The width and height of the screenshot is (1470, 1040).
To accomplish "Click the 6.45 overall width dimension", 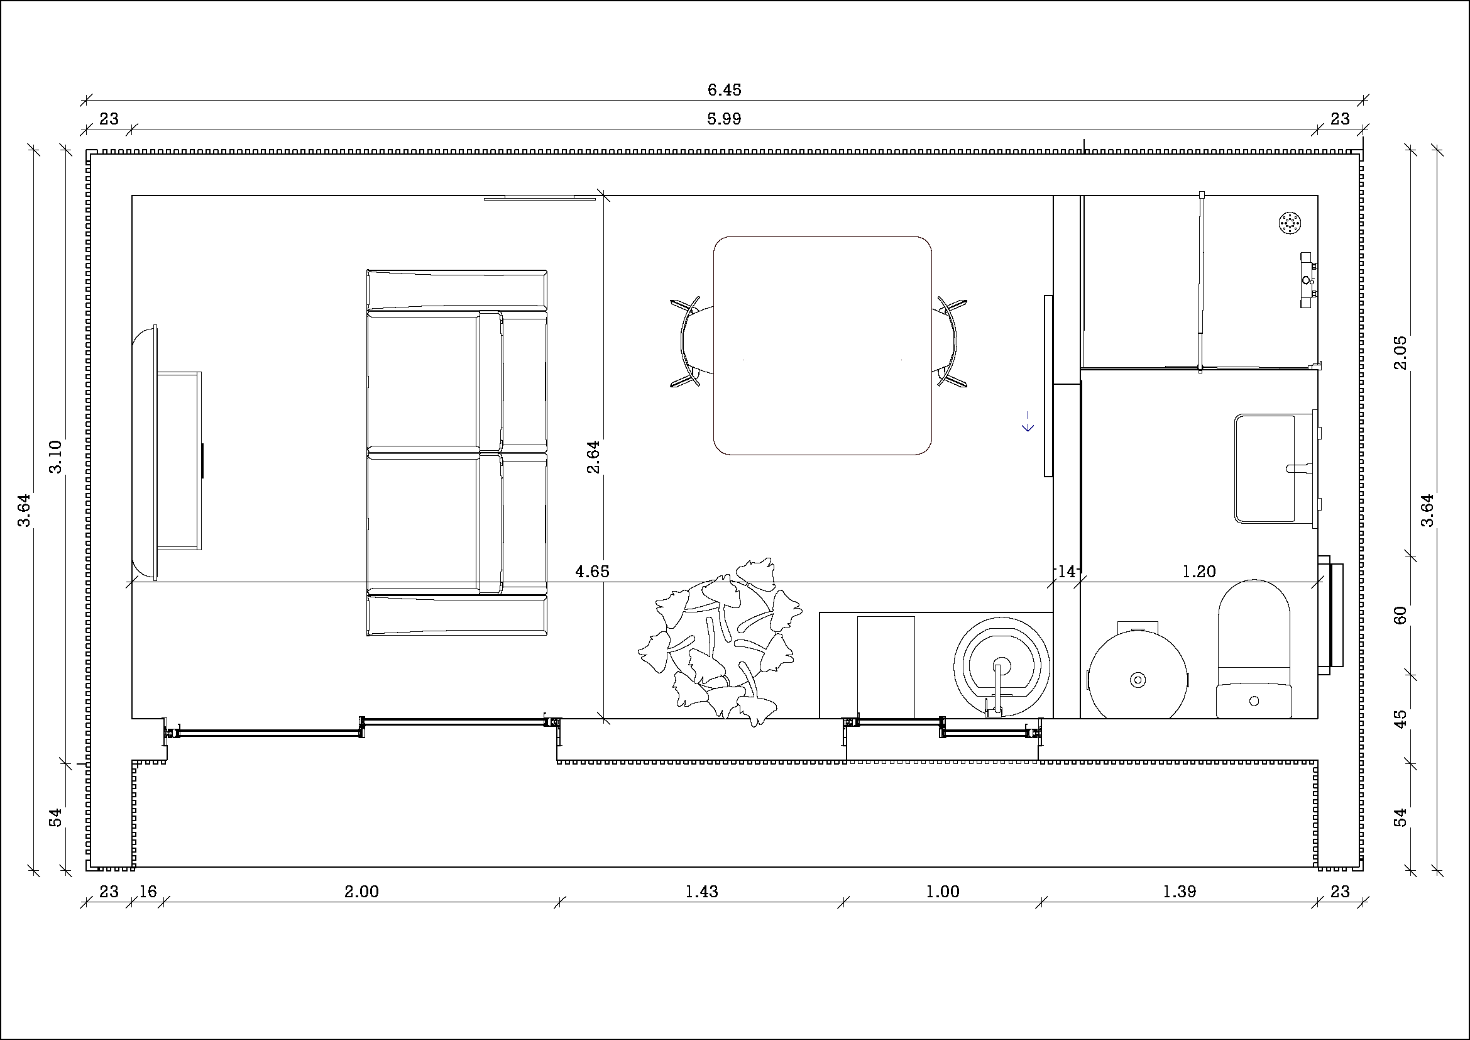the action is click(724, 91).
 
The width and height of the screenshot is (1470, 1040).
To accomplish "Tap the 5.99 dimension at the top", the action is click(724, 119).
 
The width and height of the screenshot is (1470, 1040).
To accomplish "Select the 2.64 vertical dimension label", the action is click(593, 456).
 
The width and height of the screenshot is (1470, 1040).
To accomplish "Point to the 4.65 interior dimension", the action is click(592, 571).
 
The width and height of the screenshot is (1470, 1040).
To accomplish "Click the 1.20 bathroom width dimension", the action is click(1198, 571).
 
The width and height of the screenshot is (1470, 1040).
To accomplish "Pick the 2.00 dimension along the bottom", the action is click(362, 892).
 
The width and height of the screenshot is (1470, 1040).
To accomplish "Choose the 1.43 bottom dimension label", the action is click(702, 892).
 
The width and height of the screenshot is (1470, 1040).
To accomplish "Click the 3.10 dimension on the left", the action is click(56, 456).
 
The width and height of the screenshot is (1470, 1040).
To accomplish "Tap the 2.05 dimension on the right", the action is click(1400, 352).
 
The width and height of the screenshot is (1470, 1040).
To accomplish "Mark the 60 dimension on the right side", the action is click(1400, 616).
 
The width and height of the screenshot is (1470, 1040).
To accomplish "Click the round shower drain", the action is click(1290, 223).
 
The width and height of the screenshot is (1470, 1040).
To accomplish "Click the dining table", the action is click(822, 346).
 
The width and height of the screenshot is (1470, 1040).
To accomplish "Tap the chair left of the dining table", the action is click(692, 343).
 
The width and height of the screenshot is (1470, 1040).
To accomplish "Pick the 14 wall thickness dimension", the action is click(1067, 571).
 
